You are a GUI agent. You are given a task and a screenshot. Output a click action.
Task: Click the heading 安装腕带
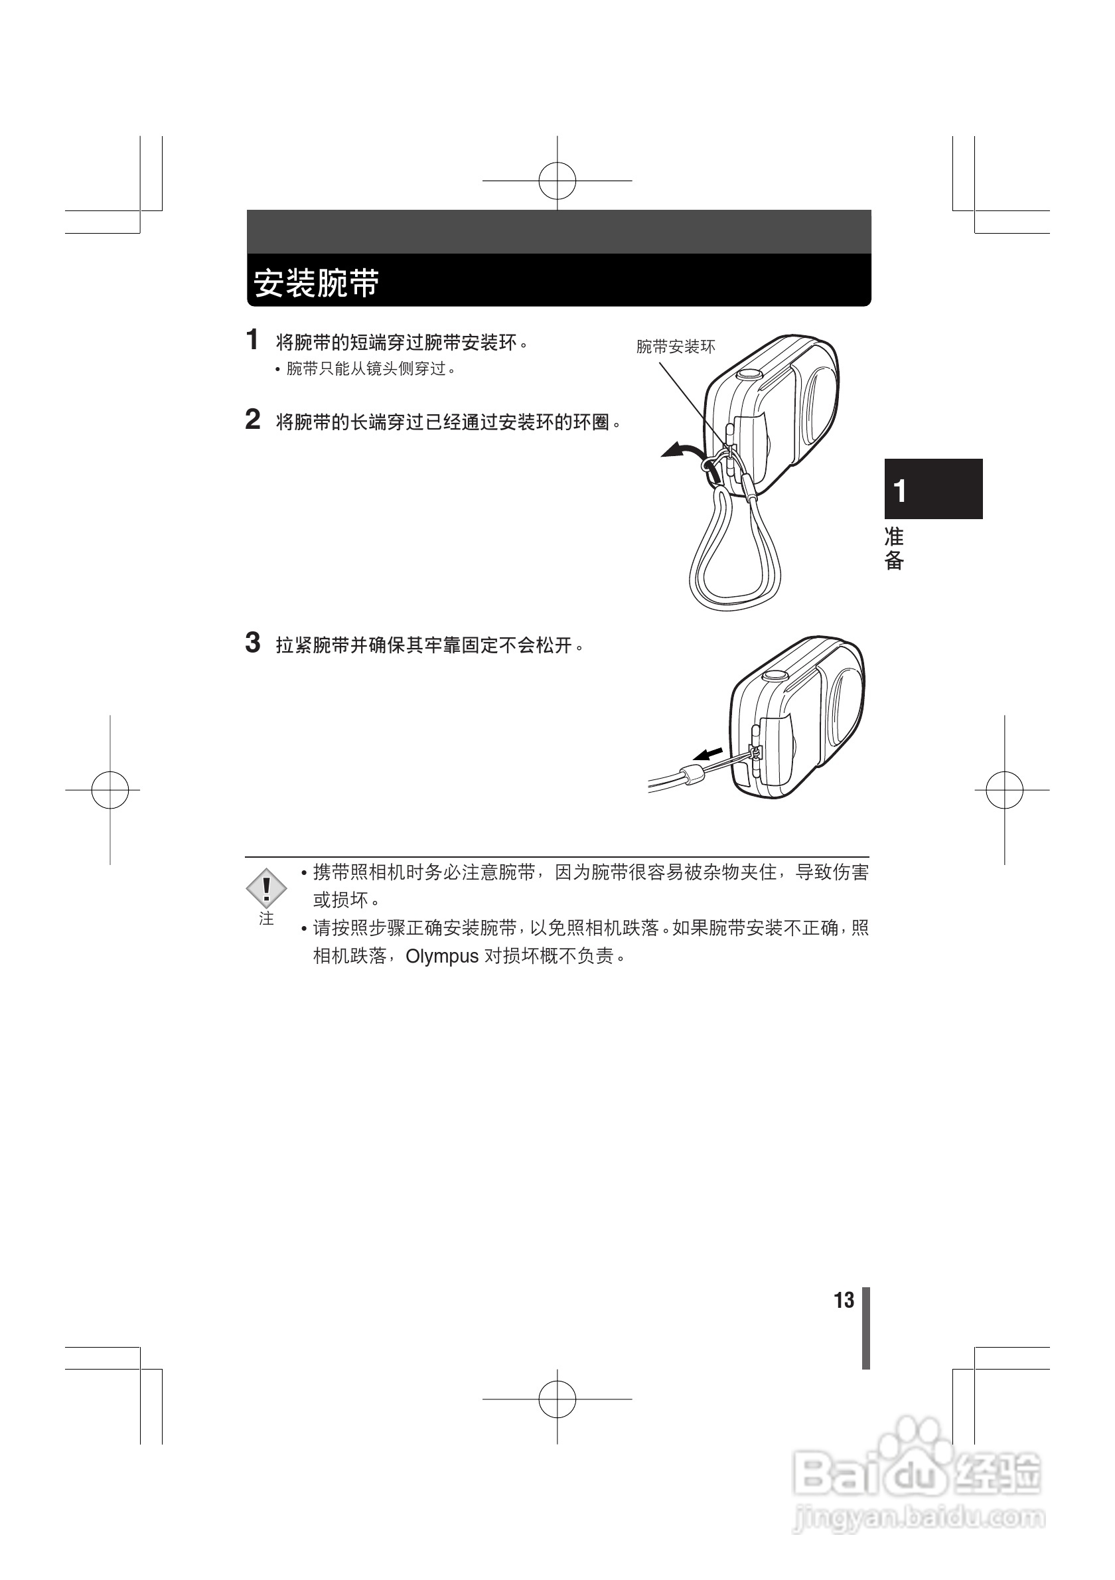coord(317,283)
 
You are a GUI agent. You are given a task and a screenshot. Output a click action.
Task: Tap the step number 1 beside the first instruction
coord(252,339)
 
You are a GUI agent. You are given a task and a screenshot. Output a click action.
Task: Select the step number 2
coord(252,419)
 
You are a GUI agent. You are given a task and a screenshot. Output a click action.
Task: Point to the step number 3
coord(252,642)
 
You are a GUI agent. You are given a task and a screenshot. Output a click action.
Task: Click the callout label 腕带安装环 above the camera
coord(676,347)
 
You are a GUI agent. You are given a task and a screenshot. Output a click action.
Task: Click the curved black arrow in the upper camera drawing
coord(681,451)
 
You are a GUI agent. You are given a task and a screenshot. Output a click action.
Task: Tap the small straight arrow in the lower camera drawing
coord(707,753)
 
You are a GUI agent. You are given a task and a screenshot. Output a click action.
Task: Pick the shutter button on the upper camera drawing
coord(749,374)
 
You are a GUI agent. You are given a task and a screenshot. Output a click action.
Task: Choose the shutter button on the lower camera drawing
coord(775,675)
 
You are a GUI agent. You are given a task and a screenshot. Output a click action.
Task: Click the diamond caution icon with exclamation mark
coord(266,888)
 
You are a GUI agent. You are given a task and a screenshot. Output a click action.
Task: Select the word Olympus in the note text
coord(441,957)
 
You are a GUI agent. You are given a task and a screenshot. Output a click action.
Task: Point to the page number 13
coord(844,1300)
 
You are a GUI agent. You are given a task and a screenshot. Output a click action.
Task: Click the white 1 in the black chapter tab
coord(900,491)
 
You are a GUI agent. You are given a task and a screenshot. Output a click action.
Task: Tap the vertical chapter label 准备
coord(893,548)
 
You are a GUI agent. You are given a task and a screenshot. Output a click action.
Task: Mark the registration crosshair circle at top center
coord(557,181)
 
